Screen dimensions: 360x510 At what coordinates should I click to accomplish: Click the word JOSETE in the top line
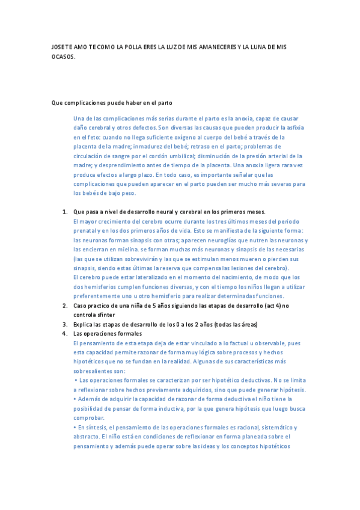[x=61, y=47]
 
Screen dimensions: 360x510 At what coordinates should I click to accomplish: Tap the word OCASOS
[x=63, y=57]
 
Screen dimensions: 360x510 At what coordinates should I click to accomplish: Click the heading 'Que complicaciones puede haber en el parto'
[x=112, y=103]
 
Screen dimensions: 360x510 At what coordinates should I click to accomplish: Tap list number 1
[x=65, y=212]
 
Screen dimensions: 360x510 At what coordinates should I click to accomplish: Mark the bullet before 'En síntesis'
[x=75, y=428]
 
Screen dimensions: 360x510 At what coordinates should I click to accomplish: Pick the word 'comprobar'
[x=88, y=418]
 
